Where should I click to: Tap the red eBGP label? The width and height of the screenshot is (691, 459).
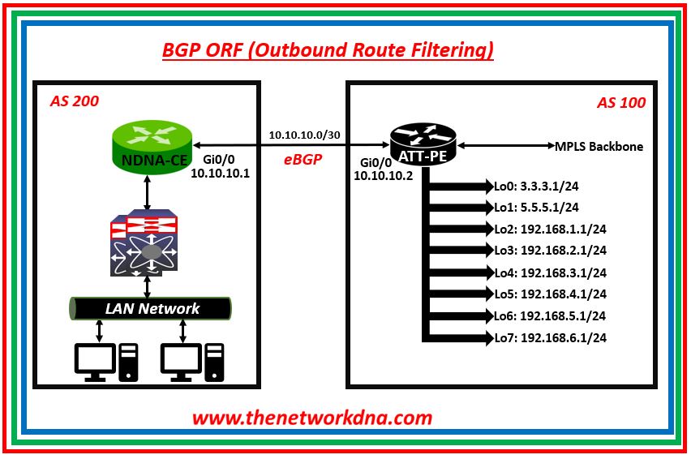click(x=303, y=160)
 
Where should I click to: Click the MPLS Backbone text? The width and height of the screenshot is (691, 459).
click(x=599, y=147)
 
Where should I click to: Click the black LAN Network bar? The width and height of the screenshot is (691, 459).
click(x=152, y=308)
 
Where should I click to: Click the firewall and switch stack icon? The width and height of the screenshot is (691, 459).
click(x=144, y=242)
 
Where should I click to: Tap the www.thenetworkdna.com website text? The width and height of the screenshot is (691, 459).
click(x=312, y=418)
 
